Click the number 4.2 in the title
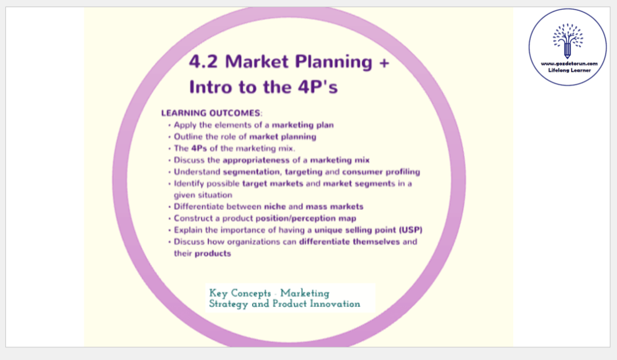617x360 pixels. click(x=203, y=62)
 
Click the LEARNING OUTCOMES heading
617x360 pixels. click(x=211, y=113)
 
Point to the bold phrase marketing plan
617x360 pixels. click(x=303, y=125)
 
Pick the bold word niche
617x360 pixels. click(x=275, y=207)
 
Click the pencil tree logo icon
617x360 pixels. click(x=568, y=39)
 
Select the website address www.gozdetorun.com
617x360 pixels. click(x=568, y=63)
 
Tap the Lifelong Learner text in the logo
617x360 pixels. click(x=568, y=71)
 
